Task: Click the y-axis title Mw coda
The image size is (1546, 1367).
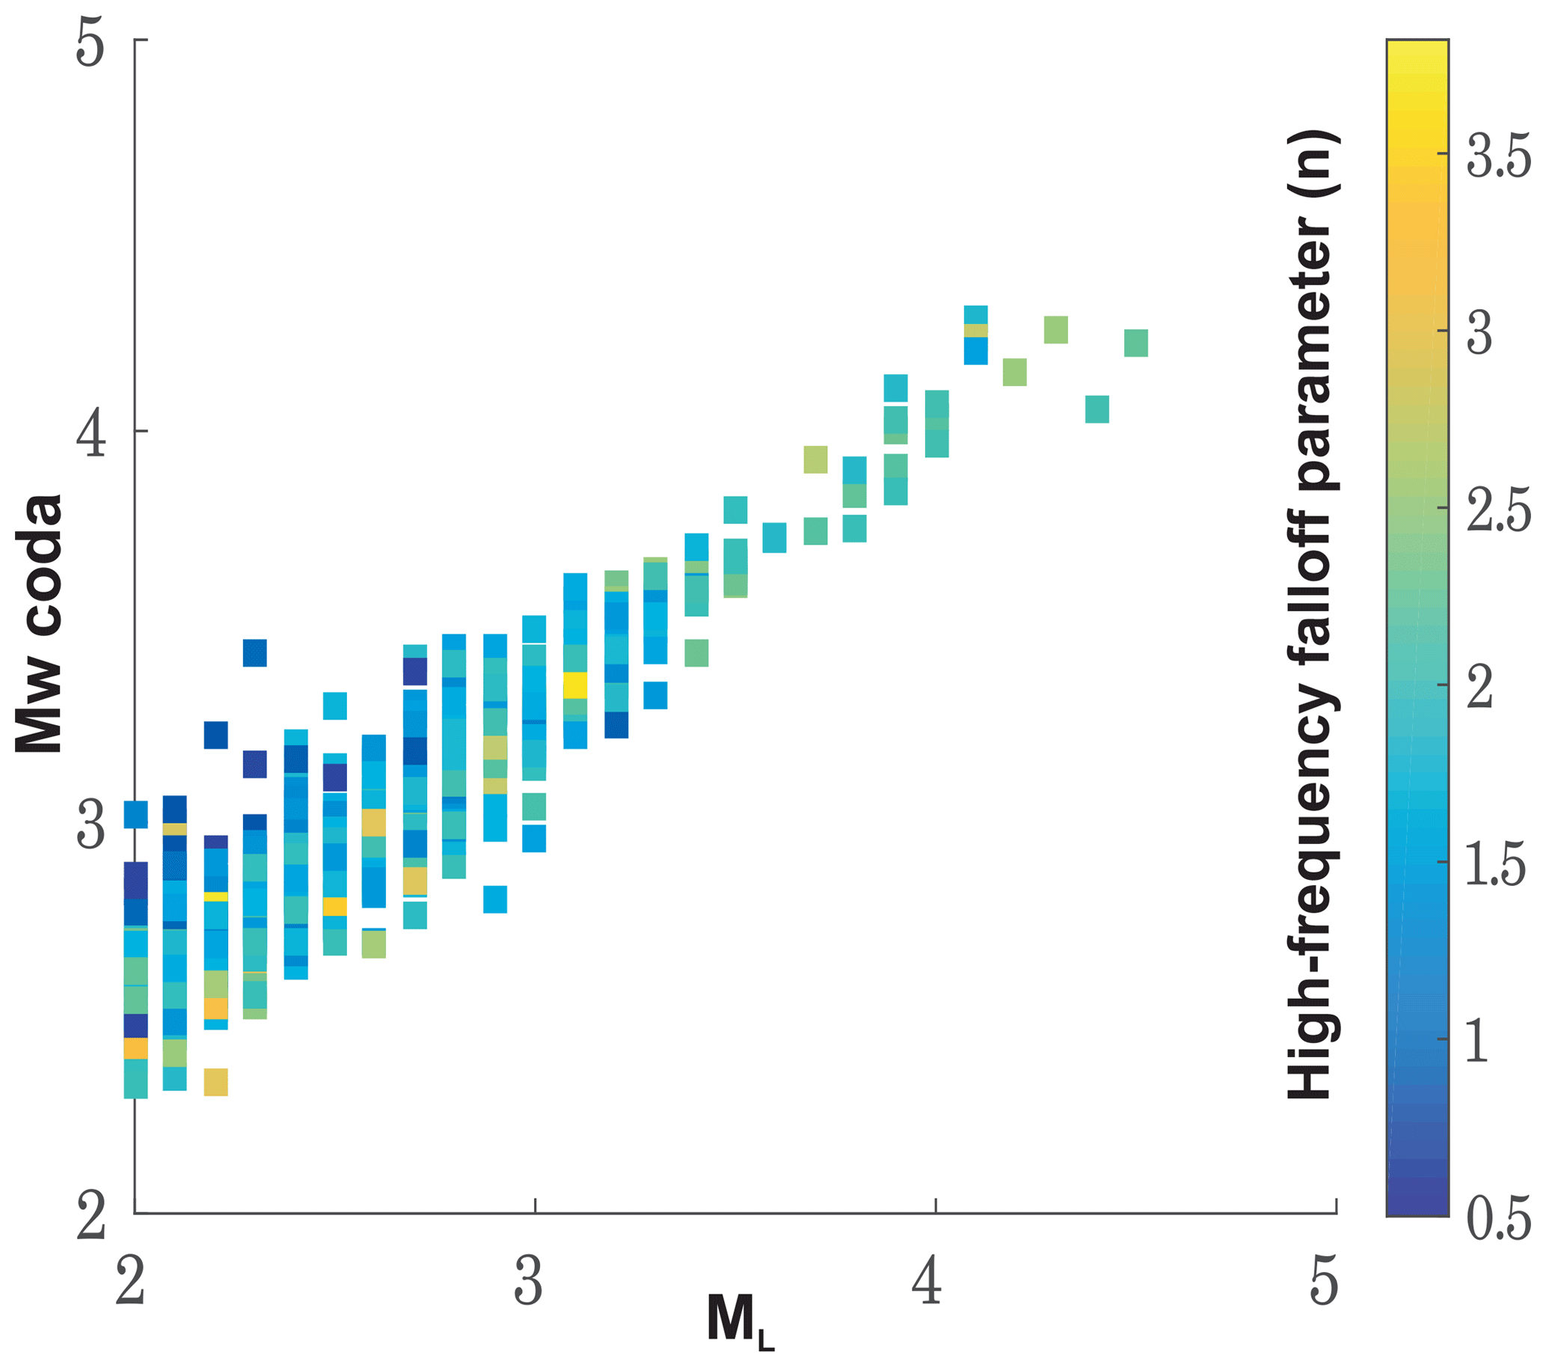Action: coord(40,623)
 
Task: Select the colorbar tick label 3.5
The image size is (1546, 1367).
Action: coord(1498,157)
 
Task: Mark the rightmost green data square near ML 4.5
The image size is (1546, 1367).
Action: coord(1135,343)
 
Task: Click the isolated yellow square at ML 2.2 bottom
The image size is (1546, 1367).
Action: coord(215,1082)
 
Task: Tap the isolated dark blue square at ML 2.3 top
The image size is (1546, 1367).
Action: coord(255,653)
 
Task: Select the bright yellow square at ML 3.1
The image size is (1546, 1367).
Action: coord(575,685)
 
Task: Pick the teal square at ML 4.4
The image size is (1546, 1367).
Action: coord(1096,409)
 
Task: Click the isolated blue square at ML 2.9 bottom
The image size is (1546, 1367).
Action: coord(494,899)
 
